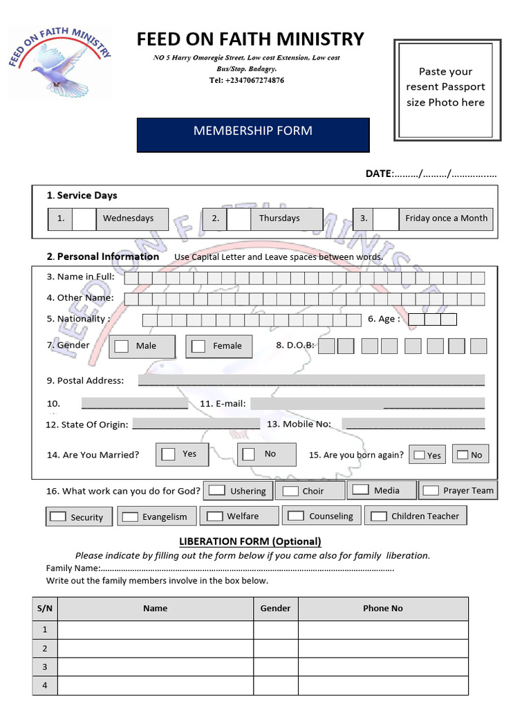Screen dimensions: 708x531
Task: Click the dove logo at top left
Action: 59,62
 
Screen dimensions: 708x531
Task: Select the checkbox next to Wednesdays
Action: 84,218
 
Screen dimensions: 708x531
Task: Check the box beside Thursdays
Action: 239,218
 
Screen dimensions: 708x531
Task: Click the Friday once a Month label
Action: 446,218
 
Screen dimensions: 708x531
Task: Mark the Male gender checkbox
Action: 122,346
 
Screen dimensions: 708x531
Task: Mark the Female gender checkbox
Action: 198,346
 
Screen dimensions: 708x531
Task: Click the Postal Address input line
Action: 311,380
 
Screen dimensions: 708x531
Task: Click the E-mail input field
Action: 367,403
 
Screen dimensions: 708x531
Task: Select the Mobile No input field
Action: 413,424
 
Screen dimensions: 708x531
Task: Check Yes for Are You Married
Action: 168,454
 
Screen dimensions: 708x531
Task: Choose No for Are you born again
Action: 461,455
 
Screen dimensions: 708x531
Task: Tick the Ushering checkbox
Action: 217,490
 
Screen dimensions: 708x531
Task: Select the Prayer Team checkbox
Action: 431,490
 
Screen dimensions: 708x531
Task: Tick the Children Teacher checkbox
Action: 378,516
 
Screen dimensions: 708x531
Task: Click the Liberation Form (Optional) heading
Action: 250,541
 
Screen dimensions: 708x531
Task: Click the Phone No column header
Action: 382,608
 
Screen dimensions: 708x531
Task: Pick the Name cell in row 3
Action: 155,667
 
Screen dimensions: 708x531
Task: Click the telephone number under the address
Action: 246,80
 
